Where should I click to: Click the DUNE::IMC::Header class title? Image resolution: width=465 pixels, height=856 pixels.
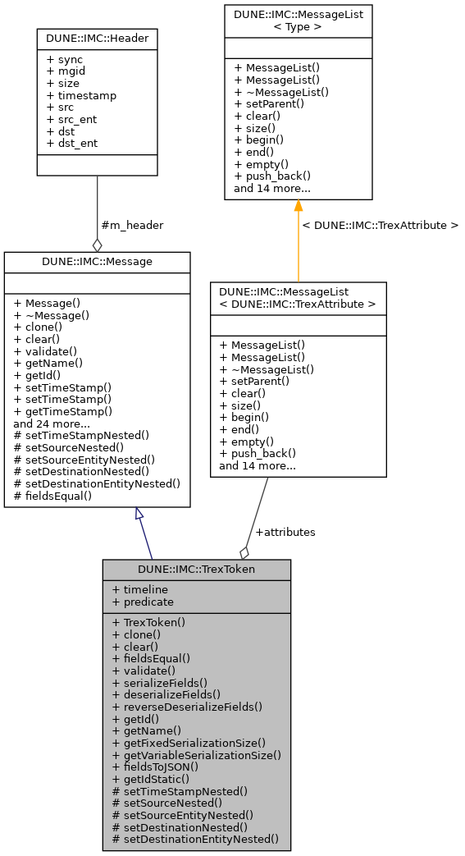97,38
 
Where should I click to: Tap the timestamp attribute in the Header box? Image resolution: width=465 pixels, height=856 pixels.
81,95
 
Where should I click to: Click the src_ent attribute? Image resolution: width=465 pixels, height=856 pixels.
71,119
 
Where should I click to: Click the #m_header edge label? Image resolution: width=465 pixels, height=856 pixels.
131,225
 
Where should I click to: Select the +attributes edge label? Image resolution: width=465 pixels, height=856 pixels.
285,532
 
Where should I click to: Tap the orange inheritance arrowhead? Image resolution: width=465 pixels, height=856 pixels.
298,206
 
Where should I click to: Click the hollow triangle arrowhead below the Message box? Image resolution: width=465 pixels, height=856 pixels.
139,514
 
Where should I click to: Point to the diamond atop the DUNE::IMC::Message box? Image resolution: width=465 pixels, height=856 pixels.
97,245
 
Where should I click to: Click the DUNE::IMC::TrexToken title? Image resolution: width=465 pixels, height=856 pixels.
197,569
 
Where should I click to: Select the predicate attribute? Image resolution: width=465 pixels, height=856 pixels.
143,602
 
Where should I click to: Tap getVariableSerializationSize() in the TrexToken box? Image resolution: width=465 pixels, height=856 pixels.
196,754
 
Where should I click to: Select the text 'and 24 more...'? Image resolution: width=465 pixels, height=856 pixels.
52,423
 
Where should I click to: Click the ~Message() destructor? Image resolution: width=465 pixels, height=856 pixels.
51,314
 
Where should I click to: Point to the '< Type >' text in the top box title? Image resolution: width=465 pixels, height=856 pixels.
298,26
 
